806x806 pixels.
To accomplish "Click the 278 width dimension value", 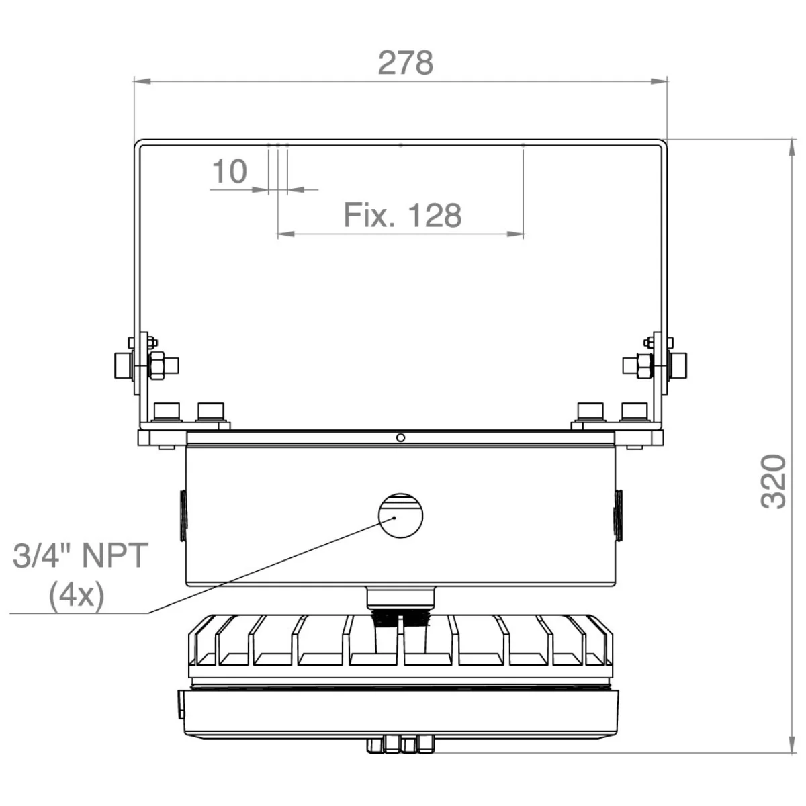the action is pyautogui.click(x=405, y=63).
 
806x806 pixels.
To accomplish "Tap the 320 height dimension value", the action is pyautogui.click(x=773, y=482).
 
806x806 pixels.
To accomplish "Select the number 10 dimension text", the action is pyautogui.click(x=230, y=171).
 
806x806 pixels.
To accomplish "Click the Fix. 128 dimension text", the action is pyautogui.click(x=402, y=215).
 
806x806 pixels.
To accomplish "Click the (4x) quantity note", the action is pyautogui.click(x=77, y=595).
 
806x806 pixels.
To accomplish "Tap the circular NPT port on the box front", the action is pyautogui.click(x=400, y=515).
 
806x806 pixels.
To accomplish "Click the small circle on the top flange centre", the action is pyautogui.click(x=400, y=437).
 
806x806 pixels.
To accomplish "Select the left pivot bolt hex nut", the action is pyautogui.click(x=157, y=365).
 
